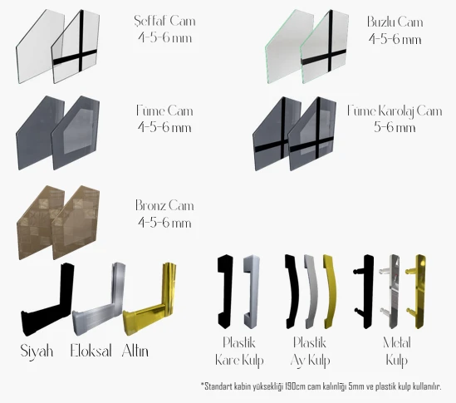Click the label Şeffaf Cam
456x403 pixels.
click(x=165, y=21)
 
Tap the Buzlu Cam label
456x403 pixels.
click(x=395, y=22)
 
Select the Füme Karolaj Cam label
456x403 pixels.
click(x=395, y=111)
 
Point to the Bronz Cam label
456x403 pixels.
click(x=164, y=205)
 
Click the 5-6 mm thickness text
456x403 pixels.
click(x=395, y=127)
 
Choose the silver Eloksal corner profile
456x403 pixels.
click(x=99, y=306)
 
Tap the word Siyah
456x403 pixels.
click(x=37, y=351)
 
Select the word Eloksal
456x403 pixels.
click(x=91, y=351)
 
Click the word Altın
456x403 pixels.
click(x=135, y=351)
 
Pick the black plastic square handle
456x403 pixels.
click(x=225, y=292)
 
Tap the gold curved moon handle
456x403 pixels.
click(x=331, y=292)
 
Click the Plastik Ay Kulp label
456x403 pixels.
click(x=310, y=351)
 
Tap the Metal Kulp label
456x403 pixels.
click(x=397, y=351)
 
